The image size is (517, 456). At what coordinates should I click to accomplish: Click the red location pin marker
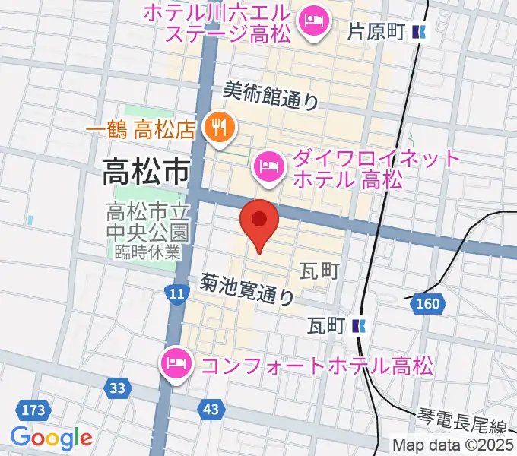(259, 222)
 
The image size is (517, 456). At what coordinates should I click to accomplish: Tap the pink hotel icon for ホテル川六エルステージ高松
(312, 20)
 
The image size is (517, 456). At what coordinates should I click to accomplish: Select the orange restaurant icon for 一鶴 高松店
(219, 128)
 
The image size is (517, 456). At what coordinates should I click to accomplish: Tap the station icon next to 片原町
(419, 32)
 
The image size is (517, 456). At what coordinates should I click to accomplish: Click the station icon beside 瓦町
(360, 326)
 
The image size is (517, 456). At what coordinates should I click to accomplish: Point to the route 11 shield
(176, 293)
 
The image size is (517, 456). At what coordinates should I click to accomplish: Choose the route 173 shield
(33, 410)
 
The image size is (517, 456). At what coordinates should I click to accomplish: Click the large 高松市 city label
(145, 174)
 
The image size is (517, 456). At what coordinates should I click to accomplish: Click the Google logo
(51, 438)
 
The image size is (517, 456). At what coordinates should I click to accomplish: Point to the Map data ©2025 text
(453, 445)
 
